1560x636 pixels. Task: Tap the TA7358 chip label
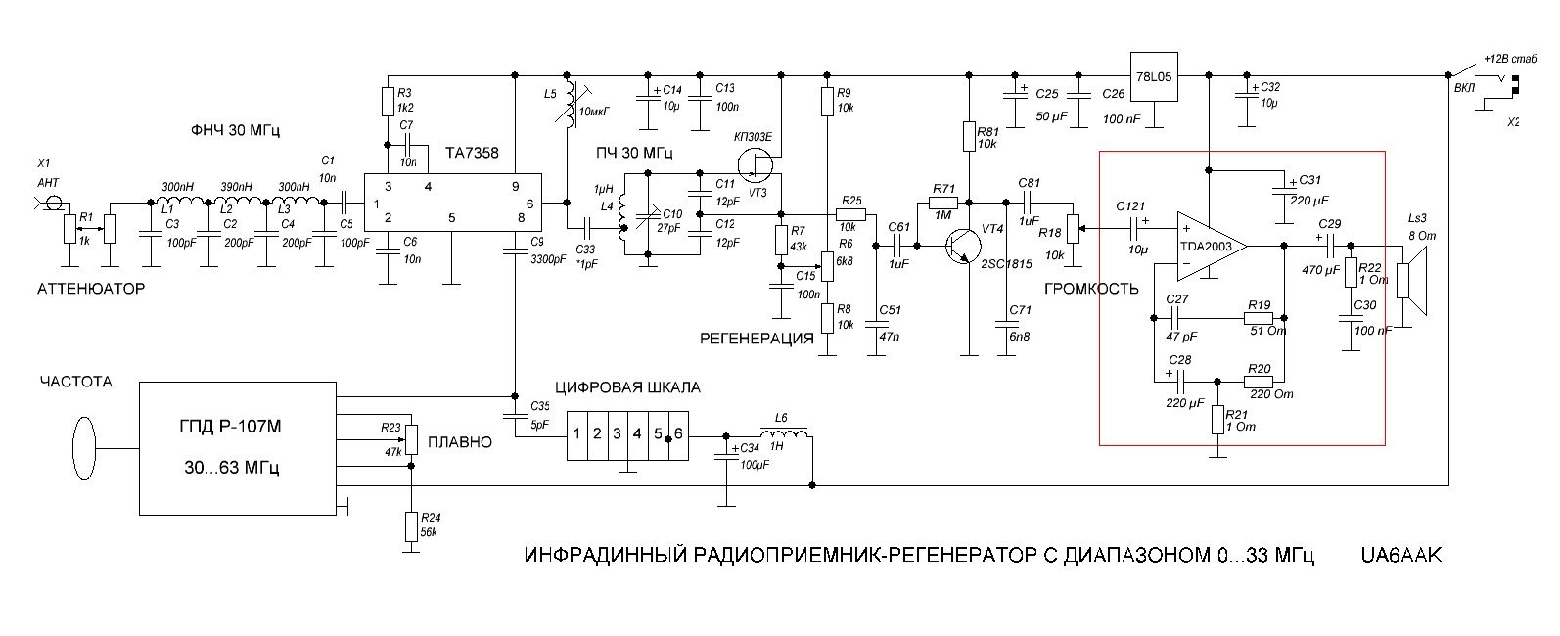(x=472, y=153)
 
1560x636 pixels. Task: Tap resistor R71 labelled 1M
(x=943, y=204)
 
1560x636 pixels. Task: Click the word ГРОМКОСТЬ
(x=1091, y=289)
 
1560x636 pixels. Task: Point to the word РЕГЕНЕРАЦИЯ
(x=756, y=340)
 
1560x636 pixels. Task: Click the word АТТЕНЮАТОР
(x=91, y=289)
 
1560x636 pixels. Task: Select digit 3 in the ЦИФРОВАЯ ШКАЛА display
(x=617, y=432)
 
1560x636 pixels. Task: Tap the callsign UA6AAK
(x=1400, y=556)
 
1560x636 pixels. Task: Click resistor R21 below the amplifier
(x=1216, y=420)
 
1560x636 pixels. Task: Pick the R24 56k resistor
(x=410, y=527)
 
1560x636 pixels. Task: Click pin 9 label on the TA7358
(x=515, y=186)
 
